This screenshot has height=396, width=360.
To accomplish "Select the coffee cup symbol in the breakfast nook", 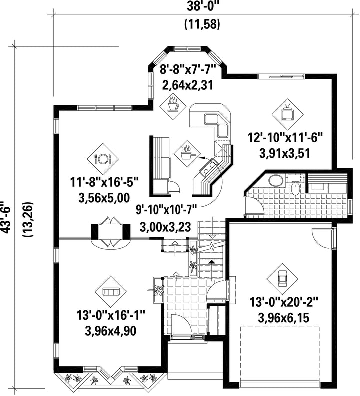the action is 173,104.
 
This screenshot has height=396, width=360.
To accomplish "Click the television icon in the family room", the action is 287,112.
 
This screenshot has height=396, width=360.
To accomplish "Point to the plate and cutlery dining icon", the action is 102,159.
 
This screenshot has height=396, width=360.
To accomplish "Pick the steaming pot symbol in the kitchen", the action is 187,153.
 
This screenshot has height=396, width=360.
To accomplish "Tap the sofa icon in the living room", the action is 111,292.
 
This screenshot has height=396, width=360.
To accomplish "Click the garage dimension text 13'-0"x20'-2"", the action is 284,301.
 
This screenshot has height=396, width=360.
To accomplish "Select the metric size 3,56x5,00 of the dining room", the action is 104,198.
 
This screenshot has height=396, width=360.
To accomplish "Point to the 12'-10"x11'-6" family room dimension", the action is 285,138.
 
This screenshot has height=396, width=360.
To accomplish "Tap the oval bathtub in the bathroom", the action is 276,180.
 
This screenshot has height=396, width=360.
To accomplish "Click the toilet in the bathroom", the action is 295,185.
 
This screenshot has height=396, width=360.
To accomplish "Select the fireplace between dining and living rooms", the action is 111,232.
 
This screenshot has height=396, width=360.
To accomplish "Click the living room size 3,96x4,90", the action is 110,331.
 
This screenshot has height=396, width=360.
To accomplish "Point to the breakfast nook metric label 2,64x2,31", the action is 188,85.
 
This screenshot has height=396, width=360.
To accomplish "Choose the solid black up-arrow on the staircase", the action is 212,262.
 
